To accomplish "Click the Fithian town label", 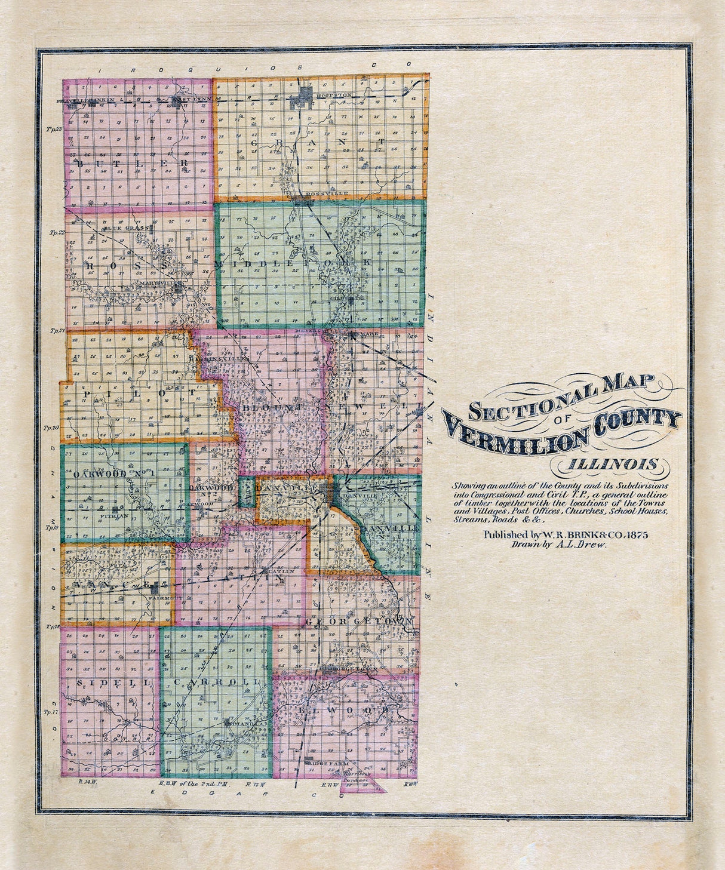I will tap(115, 515).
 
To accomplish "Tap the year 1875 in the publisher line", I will tap(635, 535).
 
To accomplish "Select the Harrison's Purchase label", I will tap(362, 774).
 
